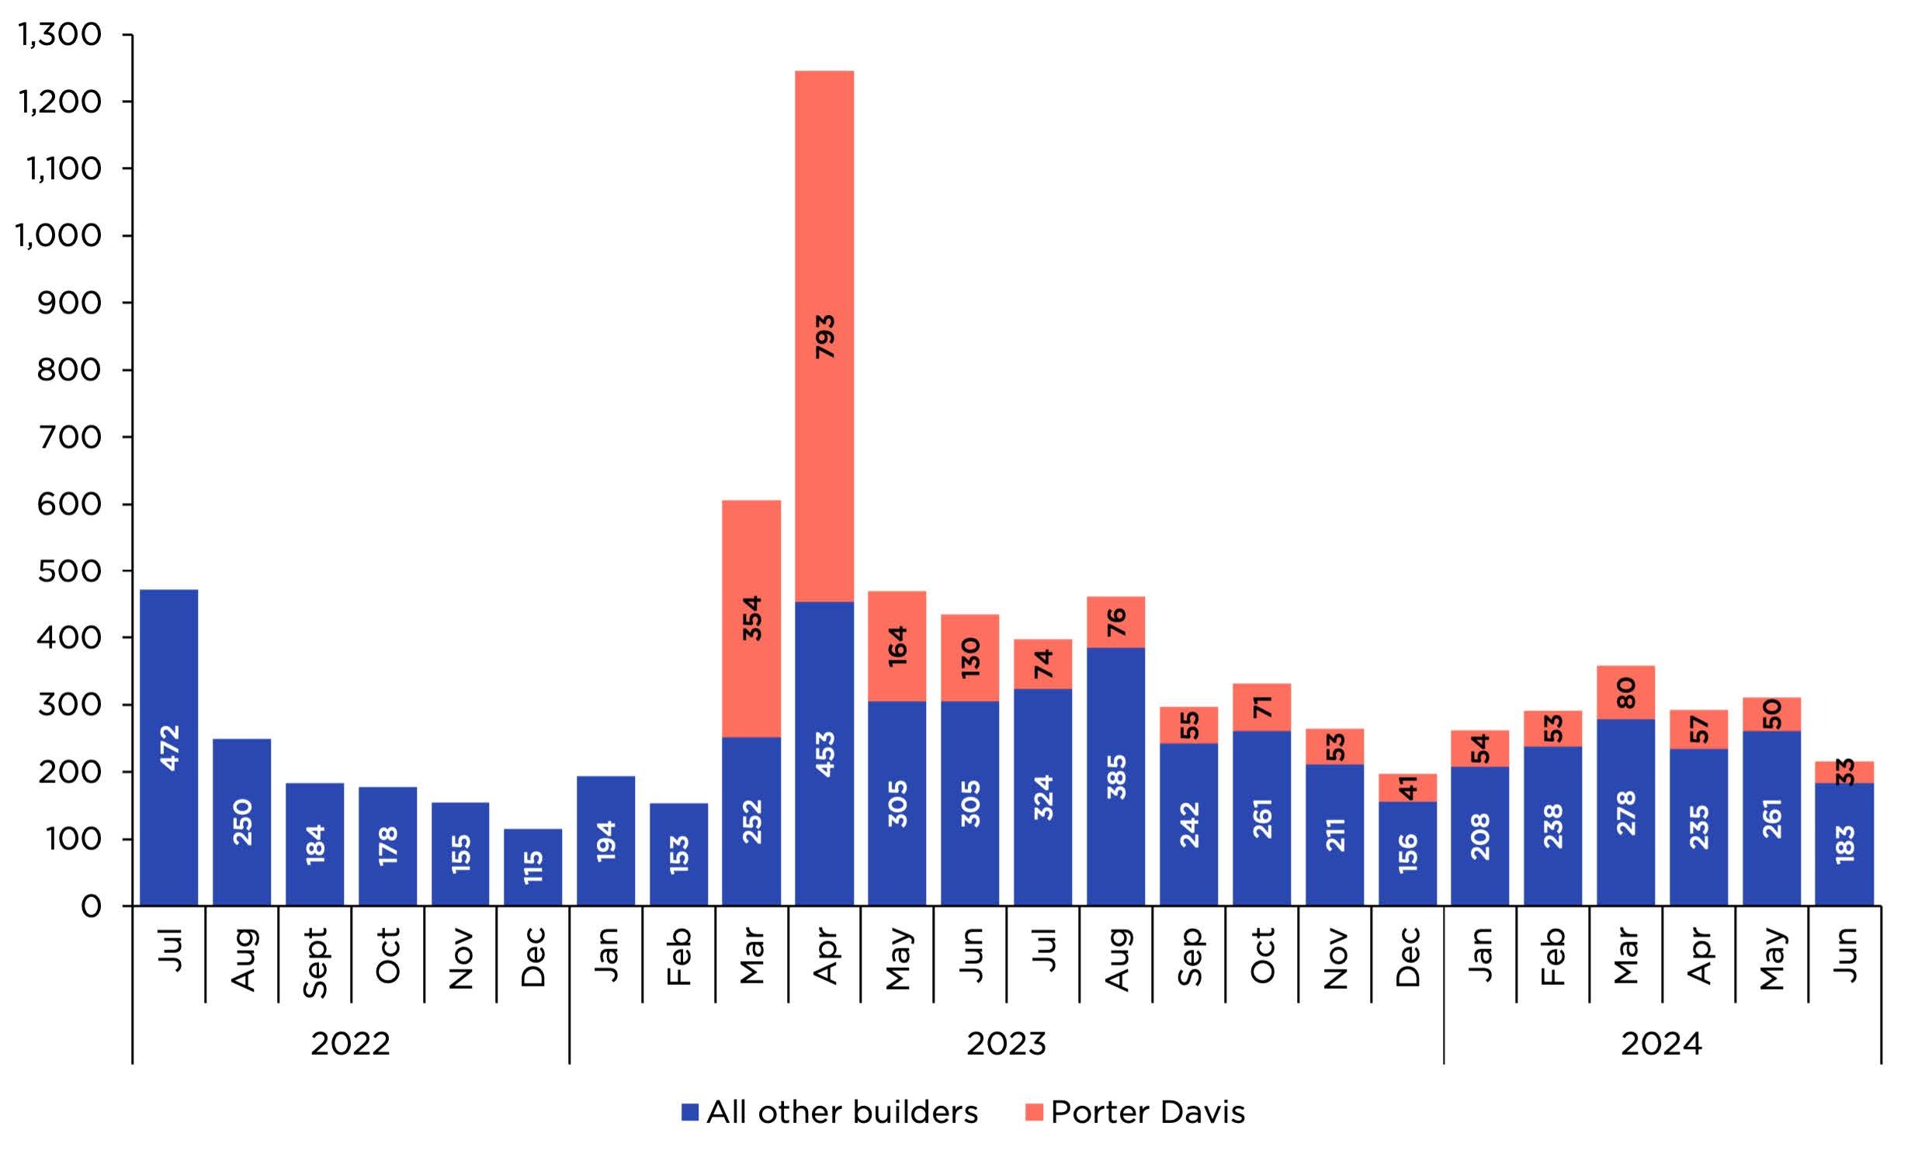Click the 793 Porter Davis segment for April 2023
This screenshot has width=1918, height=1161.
pos(824,336)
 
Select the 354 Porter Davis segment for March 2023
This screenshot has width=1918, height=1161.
pos(751,618)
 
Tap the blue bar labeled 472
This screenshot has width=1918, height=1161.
pos(169,747)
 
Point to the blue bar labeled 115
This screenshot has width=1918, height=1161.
pos(532,866)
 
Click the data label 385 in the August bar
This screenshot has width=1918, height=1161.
pos(1115,777)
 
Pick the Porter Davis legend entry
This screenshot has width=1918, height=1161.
pos(1134,1112)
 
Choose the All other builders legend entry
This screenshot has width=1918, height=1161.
pos(829,1112)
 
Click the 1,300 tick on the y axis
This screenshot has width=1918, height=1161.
pos(59,34)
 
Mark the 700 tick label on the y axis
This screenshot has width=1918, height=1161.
pos(68,437)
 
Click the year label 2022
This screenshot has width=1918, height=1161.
pos(350,1044)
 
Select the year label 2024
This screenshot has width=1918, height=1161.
pos(1661,1044)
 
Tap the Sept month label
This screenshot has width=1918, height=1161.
pos(314,962)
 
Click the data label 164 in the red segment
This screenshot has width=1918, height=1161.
pos(897,645)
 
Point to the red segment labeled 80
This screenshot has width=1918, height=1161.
pos(1625,691)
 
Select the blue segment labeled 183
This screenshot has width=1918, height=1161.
pos(1844,844)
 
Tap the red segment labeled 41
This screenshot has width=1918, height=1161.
pos(1407,787)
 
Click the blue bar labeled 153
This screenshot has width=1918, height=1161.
pos(678,854)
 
